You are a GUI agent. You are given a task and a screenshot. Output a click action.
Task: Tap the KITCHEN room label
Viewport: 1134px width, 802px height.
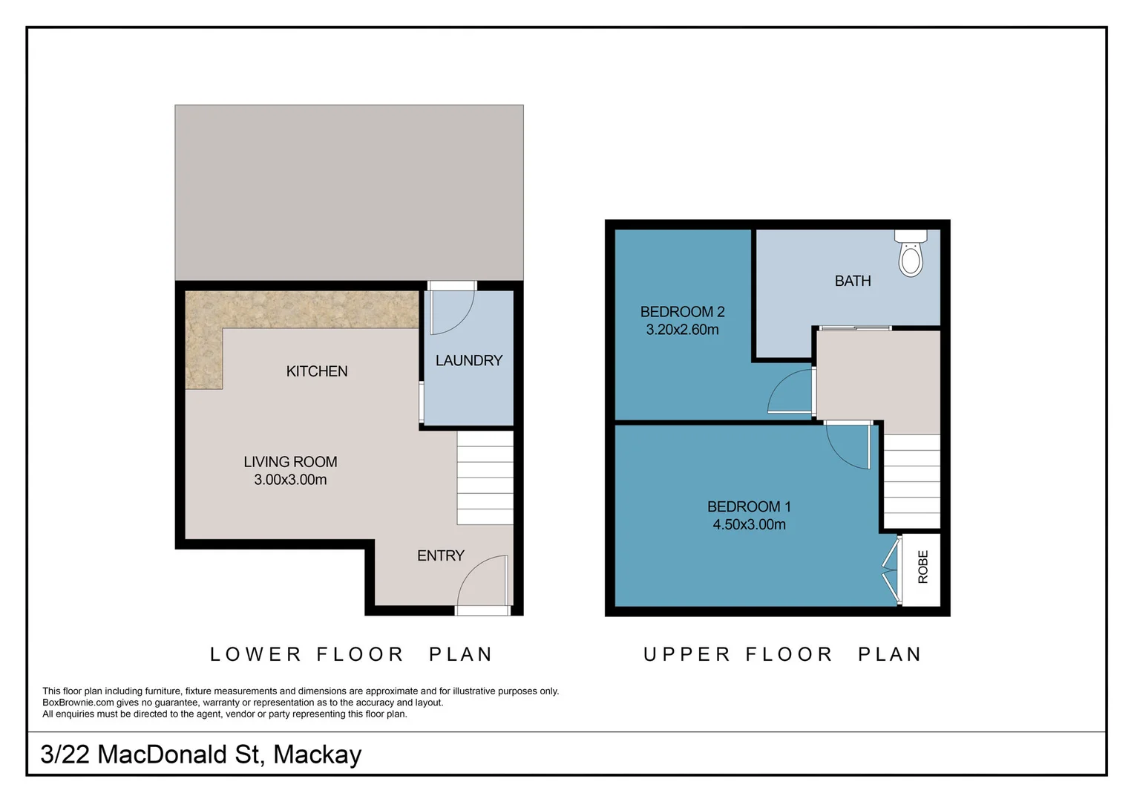coord(317,371)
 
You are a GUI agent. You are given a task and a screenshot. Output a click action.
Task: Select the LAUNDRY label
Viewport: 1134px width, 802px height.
coord(469,361)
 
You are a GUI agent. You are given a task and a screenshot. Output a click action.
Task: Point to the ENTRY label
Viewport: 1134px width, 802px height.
coord(440,555)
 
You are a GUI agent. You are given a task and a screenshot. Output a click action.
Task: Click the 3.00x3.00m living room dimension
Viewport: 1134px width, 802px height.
coord(290,480)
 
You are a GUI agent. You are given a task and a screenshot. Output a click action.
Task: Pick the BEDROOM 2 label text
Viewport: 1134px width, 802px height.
coord(682,312)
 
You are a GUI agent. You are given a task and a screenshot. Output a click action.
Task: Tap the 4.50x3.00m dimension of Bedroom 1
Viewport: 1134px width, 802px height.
coord(749,524)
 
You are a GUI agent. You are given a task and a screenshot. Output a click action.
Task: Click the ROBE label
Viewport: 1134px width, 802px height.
coord(923,567)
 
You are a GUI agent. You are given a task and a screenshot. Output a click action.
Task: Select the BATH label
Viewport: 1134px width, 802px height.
coord(853,281)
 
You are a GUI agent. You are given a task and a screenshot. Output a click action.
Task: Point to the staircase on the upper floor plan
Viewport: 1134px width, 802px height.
coord(911,481)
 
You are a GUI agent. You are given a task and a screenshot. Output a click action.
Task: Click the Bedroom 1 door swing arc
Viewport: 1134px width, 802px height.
coord(848,446)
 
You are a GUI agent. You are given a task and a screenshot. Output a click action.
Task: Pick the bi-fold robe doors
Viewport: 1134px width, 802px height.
coord(891,570)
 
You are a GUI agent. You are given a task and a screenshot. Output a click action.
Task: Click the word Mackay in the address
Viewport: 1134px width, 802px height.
coord(317,754)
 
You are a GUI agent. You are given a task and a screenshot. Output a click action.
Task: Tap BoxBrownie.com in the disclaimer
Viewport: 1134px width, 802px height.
coord(78,702)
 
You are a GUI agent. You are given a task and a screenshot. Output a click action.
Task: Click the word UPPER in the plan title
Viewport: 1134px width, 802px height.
coord(686,654)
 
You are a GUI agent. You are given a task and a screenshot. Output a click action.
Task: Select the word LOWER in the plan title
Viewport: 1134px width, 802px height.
coord(255,654)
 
